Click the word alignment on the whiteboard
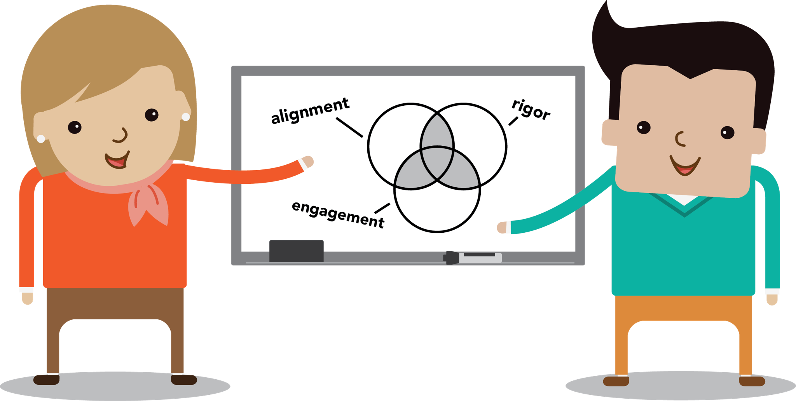[x=310, y=111]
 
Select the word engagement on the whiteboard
[x=338, y=214]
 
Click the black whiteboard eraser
[x=296, y=251]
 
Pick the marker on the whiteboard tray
[x=472, y=257]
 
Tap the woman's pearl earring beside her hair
[x=186, y=117]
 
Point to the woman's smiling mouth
[x=117, y=160]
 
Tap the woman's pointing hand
[x=307, y=161]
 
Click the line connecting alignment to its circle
[x=349, y=127]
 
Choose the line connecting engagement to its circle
[x=382, y=208]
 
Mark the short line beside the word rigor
[x=513, y=121]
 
